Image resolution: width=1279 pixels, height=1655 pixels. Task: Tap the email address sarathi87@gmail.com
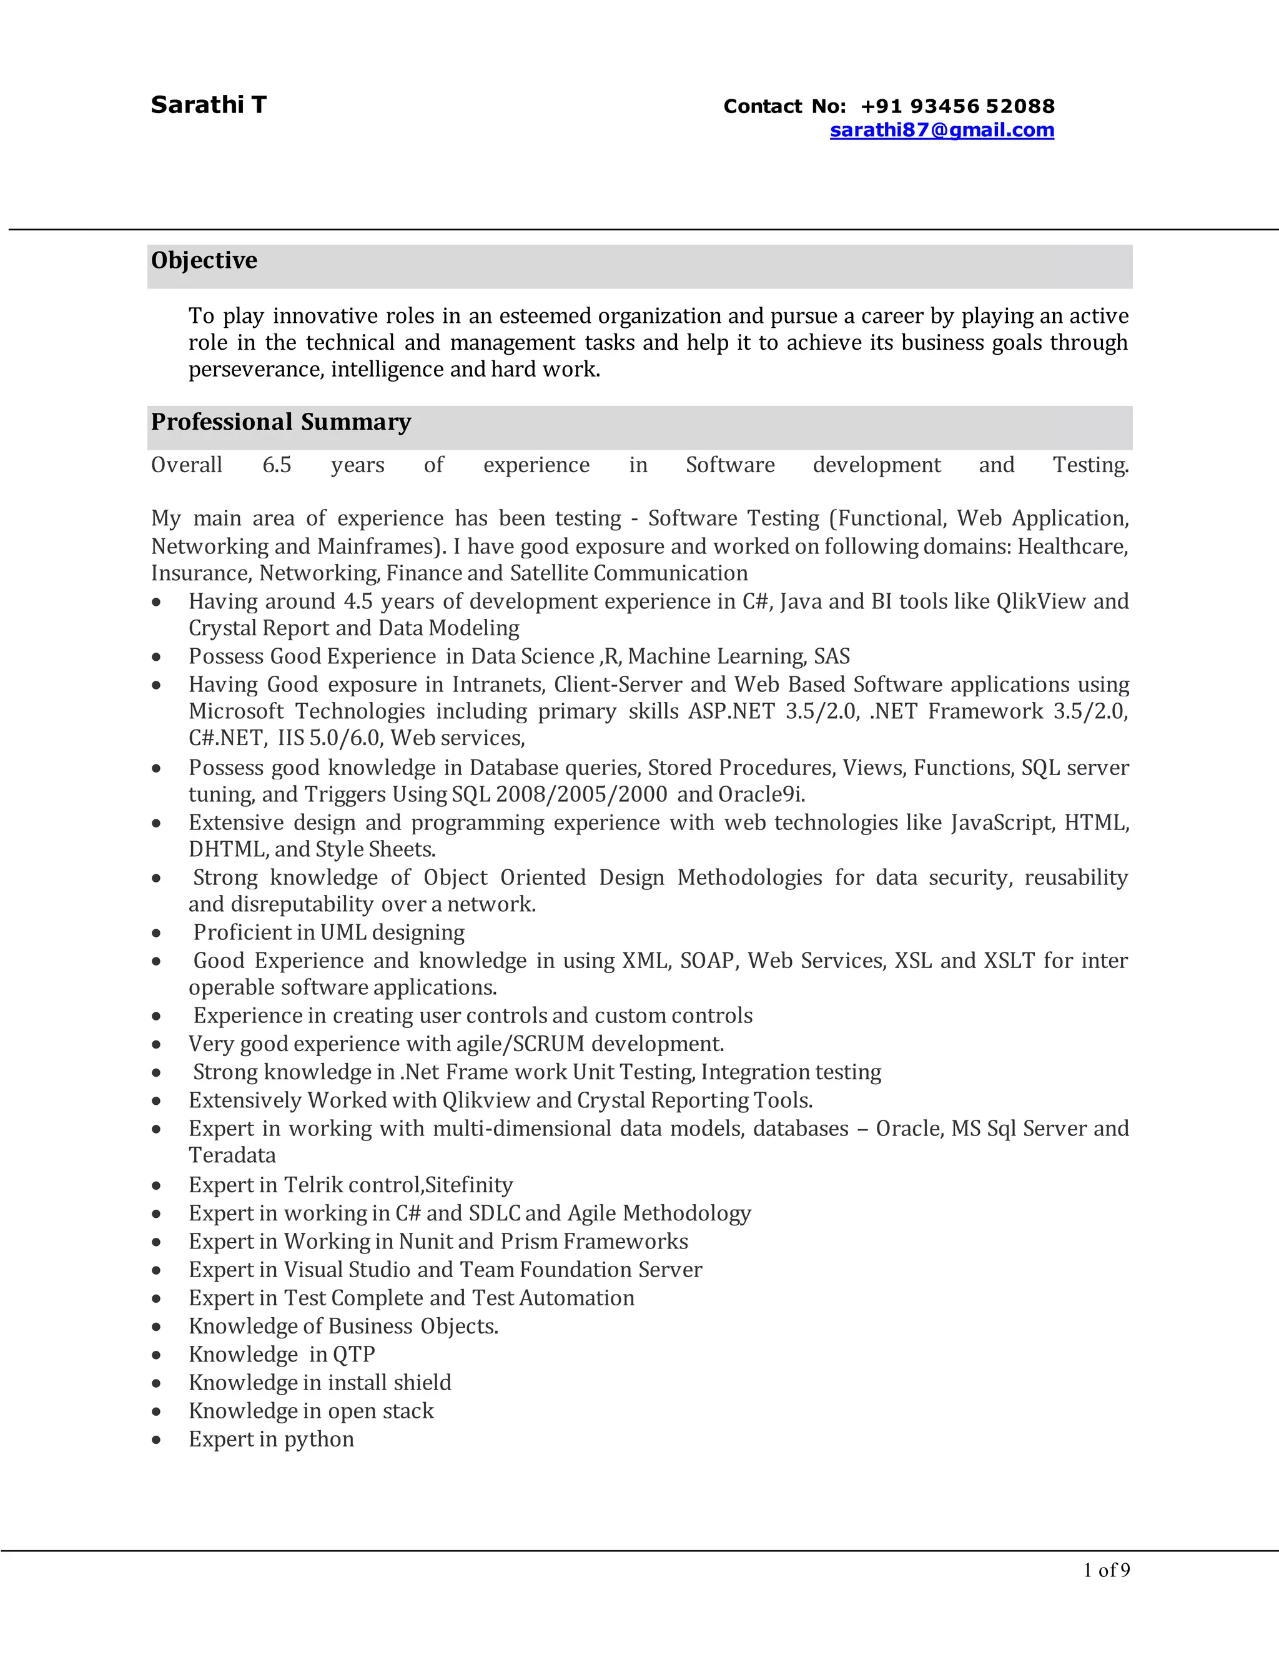coord(942,131)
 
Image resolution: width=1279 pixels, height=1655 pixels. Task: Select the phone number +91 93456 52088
coord(958,106)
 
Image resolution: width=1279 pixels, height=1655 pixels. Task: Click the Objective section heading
coord(204,260)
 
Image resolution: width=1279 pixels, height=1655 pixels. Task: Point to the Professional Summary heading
coord(280,422)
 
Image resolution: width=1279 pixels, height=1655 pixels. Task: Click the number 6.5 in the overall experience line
coord(277,465)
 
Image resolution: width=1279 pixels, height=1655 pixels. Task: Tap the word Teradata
coord(232,1155)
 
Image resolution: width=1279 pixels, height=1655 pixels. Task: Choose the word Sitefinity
coord(469,1185)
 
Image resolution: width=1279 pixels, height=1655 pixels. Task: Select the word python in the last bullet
coord(319,1440)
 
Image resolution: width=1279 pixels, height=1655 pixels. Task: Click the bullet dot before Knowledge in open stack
coord(156,1413)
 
